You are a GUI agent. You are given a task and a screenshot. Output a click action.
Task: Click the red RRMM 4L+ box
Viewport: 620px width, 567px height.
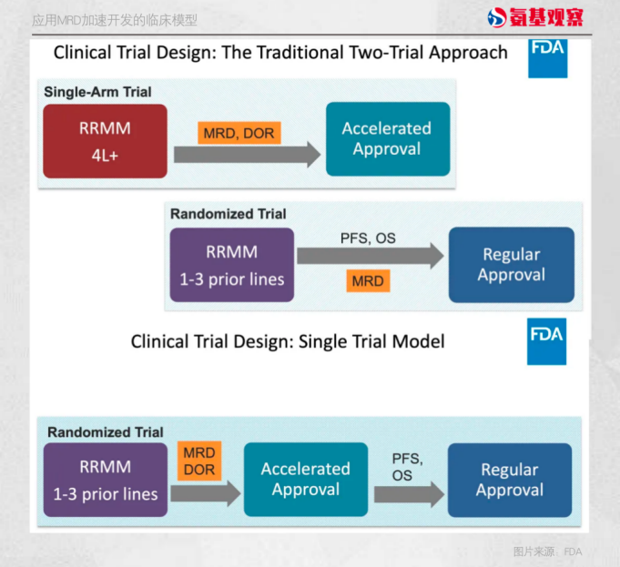pyautogui.click(x=105, y=140)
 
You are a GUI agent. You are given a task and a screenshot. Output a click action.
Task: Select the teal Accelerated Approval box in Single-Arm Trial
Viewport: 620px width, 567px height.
pyautogui.click(x=388, y=139)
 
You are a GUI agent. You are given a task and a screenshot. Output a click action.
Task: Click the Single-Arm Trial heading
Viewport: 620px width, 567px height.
pyautogui.click(x=97, y=92)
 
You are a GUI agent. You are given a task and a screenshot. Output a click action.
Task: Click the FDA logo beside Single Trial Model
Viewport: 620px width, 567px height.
pyautogui.click(x=546, y=341)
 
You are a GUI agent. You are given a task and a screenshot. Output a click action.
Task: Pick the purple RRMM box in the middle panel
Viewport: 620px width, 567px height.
pyautogui.click(x=231, y=265)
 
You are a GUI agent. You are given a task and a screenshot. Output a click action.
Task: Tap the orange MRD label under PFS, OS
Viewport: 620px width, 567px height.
pyautogui.click(x=369, y=280)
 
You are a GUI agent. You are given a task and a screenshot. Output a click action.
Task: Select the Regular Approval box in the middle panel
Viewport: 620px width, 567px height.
pyautogui.click(x=511, y=265)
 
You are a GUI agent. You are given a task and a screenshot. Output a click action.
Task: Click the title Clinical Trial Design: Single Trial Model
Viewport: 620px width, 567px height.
pyautogui.click(x=288, y=342)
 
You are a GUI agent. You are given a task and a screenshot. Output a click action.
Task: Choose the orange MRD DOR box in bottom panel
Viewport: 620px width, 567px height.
pyautogui.click(x=199, y=461)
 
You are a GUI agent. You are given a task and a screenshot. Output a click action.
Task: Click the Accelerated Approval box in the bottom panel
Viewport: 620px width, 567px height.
pyautogui.click(x=306, y=479)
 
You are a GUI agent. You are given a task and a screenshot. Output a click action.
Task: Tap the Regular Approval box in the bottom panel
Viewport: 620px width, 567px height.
pyautogui.click(x=509, y=479)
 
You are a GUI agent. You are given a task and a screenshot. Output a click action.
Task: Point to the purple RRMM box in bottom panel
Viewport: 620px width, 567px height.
pyautogui.click(x=105, y=480)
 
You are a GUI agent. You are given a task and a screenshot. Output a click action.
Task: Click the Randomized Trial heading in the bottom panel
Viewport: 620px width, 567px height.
pyautogui.click(x=106, y=432)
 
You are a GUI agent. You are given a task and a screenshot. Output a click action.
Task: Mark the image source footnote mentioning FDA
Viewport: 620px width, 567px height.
pyautogui.click(x=546, y=551)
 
